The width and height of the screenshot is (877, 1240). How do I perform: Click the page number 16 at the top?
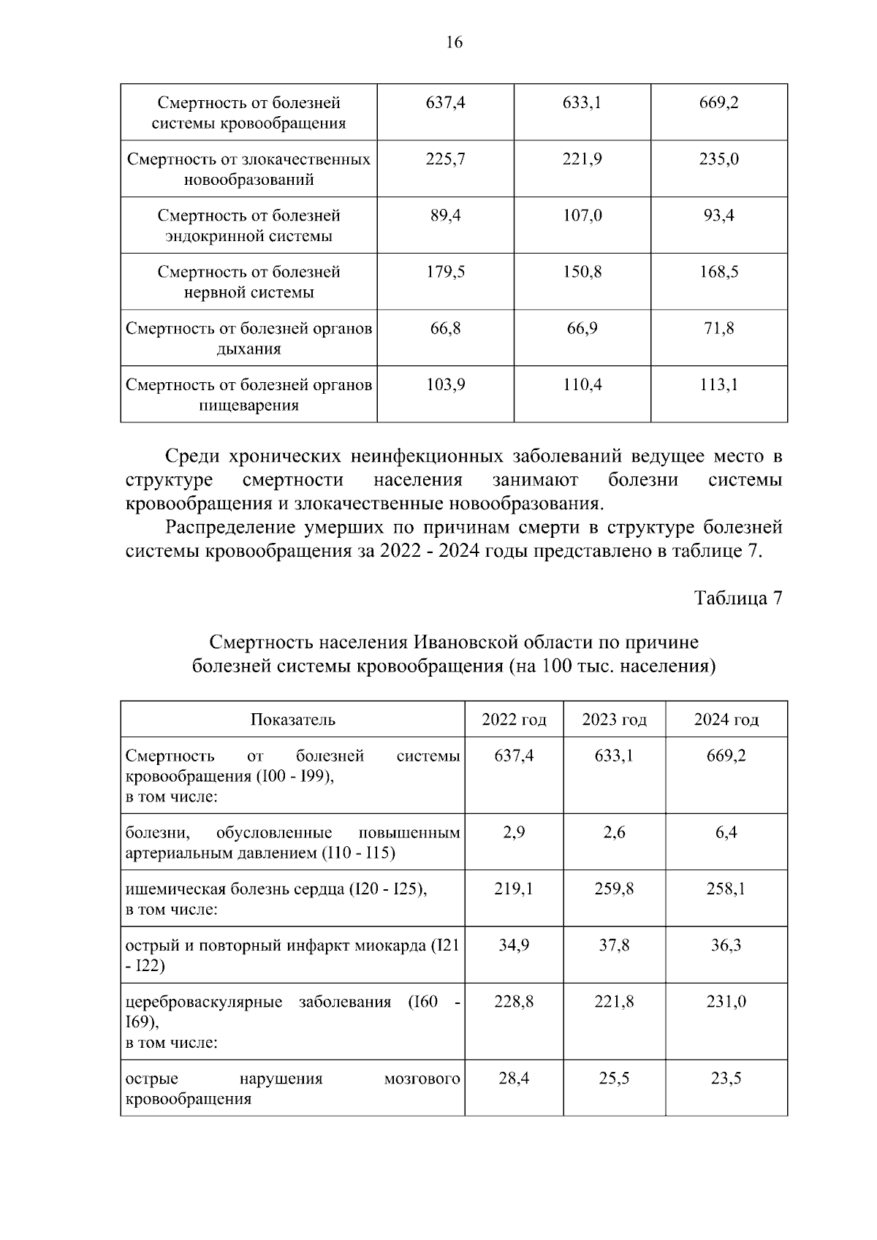[x=454, y=42]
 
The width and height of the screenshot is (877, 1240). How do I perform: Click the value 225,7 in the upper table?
[x=445, y=159]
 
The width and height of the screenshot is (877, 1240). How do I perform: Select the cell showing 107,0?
[x=582, y=216]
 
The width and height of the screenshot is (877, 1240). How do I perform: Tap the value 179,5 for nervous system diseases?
[x=445, y=272]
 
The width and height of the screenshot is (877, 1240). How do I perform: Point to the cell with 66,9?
[x=582, y=328]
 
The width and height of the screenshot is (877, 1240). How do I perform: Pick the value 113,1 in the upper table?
[x=718, y=384]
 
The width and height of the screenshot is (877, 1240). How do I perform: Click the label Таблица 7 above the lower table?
[x=737, y=598]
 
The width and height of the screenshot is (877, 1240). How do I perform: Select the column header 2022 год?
[x=514, y=720]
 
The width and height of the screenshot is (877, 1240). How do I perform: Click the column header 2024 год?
[x=726, y=720]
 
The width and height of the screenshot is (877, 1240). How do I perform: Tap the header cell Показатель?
[x=292, y=720]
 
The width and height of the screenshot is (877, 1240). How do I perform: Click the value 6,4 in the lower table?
[x=726, y=832]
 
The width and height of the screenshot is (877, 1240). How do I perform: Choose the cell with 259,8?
[x=614, y=889]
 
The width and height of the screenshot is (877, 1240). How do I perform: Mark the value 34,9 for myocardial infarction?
[x=514, y=945]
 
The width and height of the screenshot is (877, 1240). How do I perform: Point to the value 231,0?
[x=726, y=1001]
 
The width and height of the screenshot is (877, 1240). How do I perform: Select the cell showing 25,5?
[x=614, y=1078]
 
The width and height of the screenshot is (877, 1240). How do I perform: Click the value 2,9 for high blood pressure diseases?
[x=514, y=832]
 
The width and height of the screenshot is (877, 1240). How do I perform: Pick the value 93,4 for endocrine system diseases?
[x=718, y=216]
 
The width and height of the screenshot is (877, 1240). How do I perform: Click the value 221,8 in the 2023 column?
[x=614, y=1001]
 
